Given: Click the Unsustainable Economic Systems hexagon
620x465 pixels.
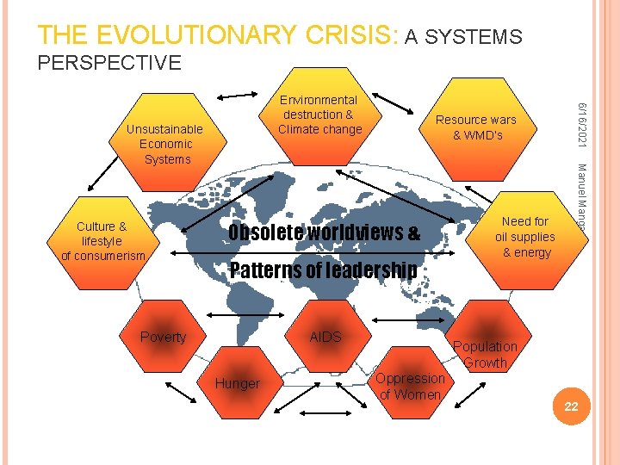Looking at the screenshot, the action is point(164,143).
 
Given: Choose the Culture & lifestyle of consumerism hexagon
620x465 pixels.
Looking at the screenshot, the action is point(102,240).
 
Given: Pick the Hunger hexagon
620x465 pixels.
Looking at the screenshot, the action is point(238,383).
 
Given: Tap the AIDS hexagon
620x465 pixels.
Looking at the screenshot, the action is point(325,337).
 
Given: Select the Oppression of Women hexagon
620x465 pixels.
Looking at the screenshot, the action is point(410,386).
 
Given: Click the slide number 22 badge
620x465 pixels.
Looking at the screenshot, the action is point(570,406).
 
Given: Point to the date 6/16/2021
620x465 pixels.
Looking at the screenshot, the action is point(582,120).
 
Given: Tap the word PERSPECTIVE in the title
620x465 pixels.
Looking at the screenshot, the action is point(108,63).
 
